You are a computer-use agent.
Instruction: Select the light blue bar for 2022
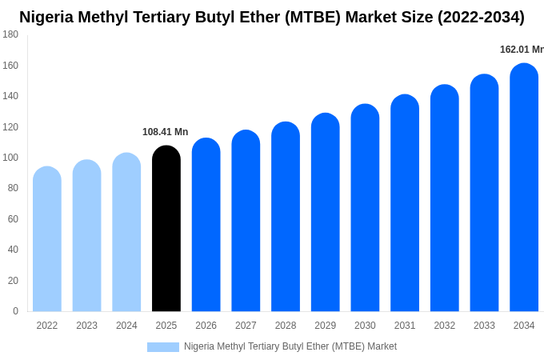click(47, 239)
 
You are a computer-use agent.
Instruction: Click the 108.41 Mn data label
click(165, 132)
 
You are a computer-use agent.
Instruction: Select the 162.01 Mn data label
click(522, 50)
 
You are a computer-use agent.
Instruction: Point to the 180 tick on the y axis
click(10, 34)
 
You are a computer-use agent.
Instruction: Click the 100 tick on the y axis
click(10, 158)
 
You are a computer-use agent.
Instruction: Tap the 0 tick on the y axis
click(15, 311)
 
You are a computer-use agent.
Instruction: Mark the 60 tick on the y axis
click(13, 219)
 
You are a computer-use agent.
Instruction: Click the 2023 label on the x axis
click(86, 326)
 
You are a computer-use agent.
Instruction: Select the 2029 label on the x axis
click(325, 326)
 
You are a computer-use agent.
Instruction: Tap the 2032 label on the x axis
click(444, 326)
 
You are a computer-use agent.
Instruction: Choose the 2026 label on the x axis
click(206, 326)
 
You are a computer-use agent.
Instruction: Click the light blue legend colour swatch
click(163, 347)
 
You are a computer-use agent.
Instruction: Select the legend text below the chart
click(290, 346)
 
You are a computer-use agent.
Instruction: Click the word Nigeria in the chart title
click(50, 17)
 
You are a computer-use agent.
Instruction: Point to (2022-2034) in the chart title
click(480, 17)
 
